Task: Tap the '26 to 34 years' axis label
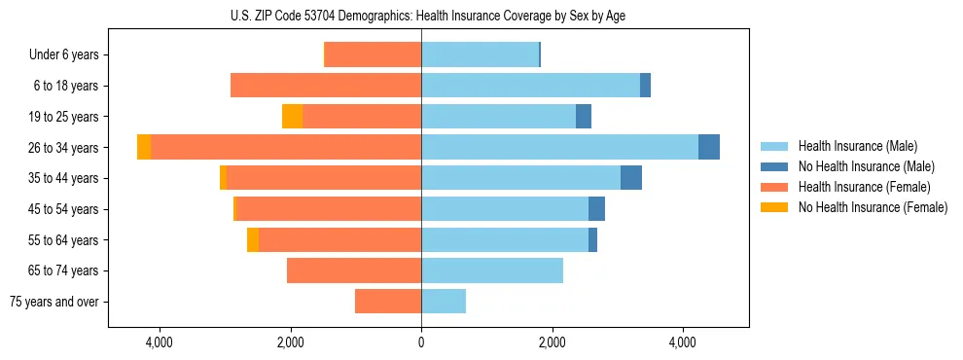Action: (x=65, y=148)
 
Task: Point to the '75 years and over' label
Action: (x=54, y=302)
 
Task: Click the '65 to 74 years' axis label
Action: (x=65, y=270)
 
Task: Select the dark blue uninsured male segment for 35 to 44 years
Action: (x=631, y=178)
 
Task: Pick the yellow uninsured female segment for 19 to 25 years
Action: (x=292, y=117)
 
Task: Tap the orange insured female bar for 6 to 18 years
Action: (x=326, y=86)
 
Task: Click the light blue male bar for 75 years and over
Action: (x=444, y=302)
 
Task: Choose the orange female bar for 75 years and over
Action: (x=388, y=302)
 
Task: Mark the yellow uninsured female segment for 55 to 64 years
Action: (x=253, y=240)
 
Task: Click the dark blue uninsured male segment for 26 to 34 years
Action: (x=709, y=147)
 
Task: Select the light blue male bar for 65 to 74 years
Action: (x=492, y=270)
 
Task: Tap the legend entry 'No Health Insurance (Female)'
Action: (x=873, y=207)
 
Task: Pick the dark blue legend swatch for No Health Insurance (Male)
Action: (x=774, y=166)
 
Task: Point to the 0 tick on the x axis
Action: (x=421, y=342)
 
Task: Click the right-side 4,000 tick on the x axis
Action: (x=683, y=342)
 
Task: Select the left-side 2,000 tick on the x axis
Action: (x=290, y=342)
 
